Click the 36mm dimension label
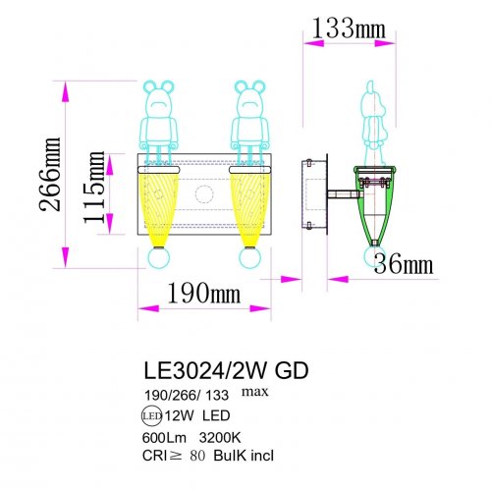(404, 263)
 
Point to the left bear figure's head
(158, 97)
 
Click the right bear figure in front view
(247, 123)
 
